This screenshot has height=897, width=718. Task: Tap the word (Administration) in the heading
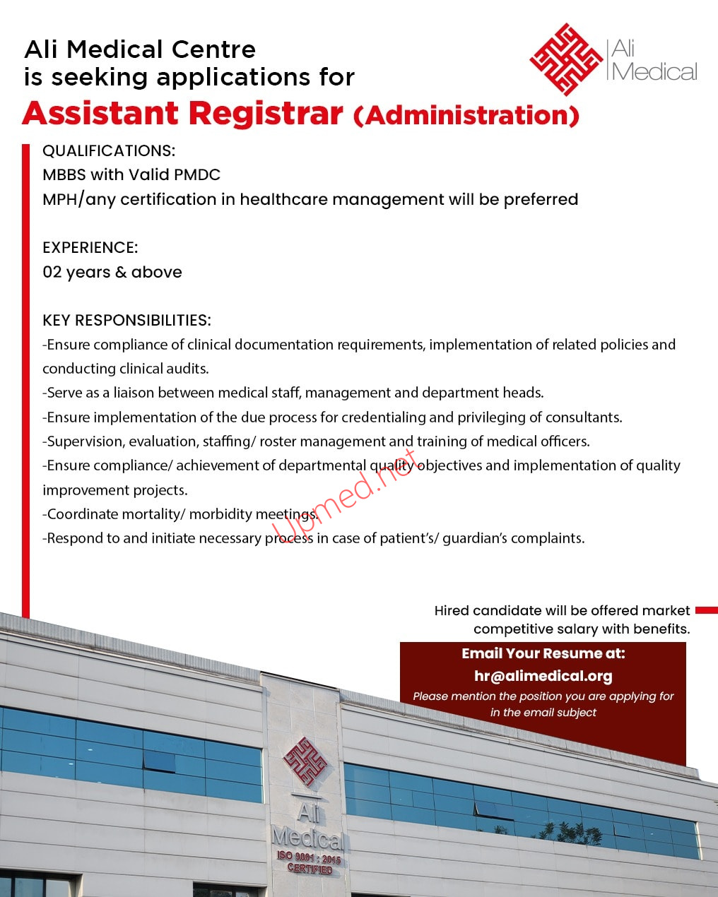(466, 115)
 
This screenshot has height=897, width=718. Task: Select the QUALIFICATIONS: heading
(109, 150)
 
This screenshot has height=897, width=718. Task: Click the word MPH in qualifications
(59, 199)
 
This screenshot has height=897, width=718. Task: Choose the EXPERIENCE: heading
(90, 247)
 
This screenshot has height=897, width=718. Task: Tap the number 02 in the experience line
(52, 272)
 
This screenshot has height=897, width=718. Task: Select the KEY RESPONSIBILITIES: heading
(126, 320)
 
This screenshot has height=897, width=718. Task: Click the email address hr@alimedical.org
(543, 676)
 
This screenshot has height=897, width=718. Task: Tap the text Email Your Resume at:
(543, 653)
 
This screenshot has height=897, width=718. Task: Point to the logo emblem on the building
(305, 762)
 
